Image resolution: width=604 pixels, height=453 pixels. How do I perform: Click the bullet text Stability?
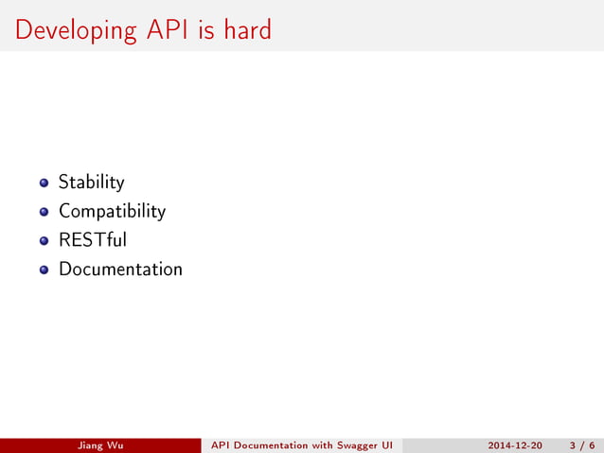click(91, 182)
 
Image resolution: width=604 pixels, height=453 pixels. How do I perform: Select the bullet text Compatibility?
click(112, 212)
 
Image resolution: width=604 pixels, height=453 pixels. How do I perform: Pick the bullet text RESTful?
click(93, 240)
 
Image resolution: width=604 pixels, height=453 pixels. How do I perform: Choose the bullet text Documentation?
click(120, 270)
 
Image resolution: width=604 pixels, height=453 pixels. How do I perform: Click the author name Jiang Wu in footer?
click(100, 445)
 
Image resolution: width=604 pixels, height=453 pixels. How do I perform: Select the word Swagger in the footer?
click(352, 445)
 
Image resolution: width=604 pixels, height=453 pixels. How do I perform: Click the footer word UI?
click(385, 445)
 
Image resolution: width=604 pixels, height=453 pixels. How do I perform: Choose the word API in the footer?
click(220, 445)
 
